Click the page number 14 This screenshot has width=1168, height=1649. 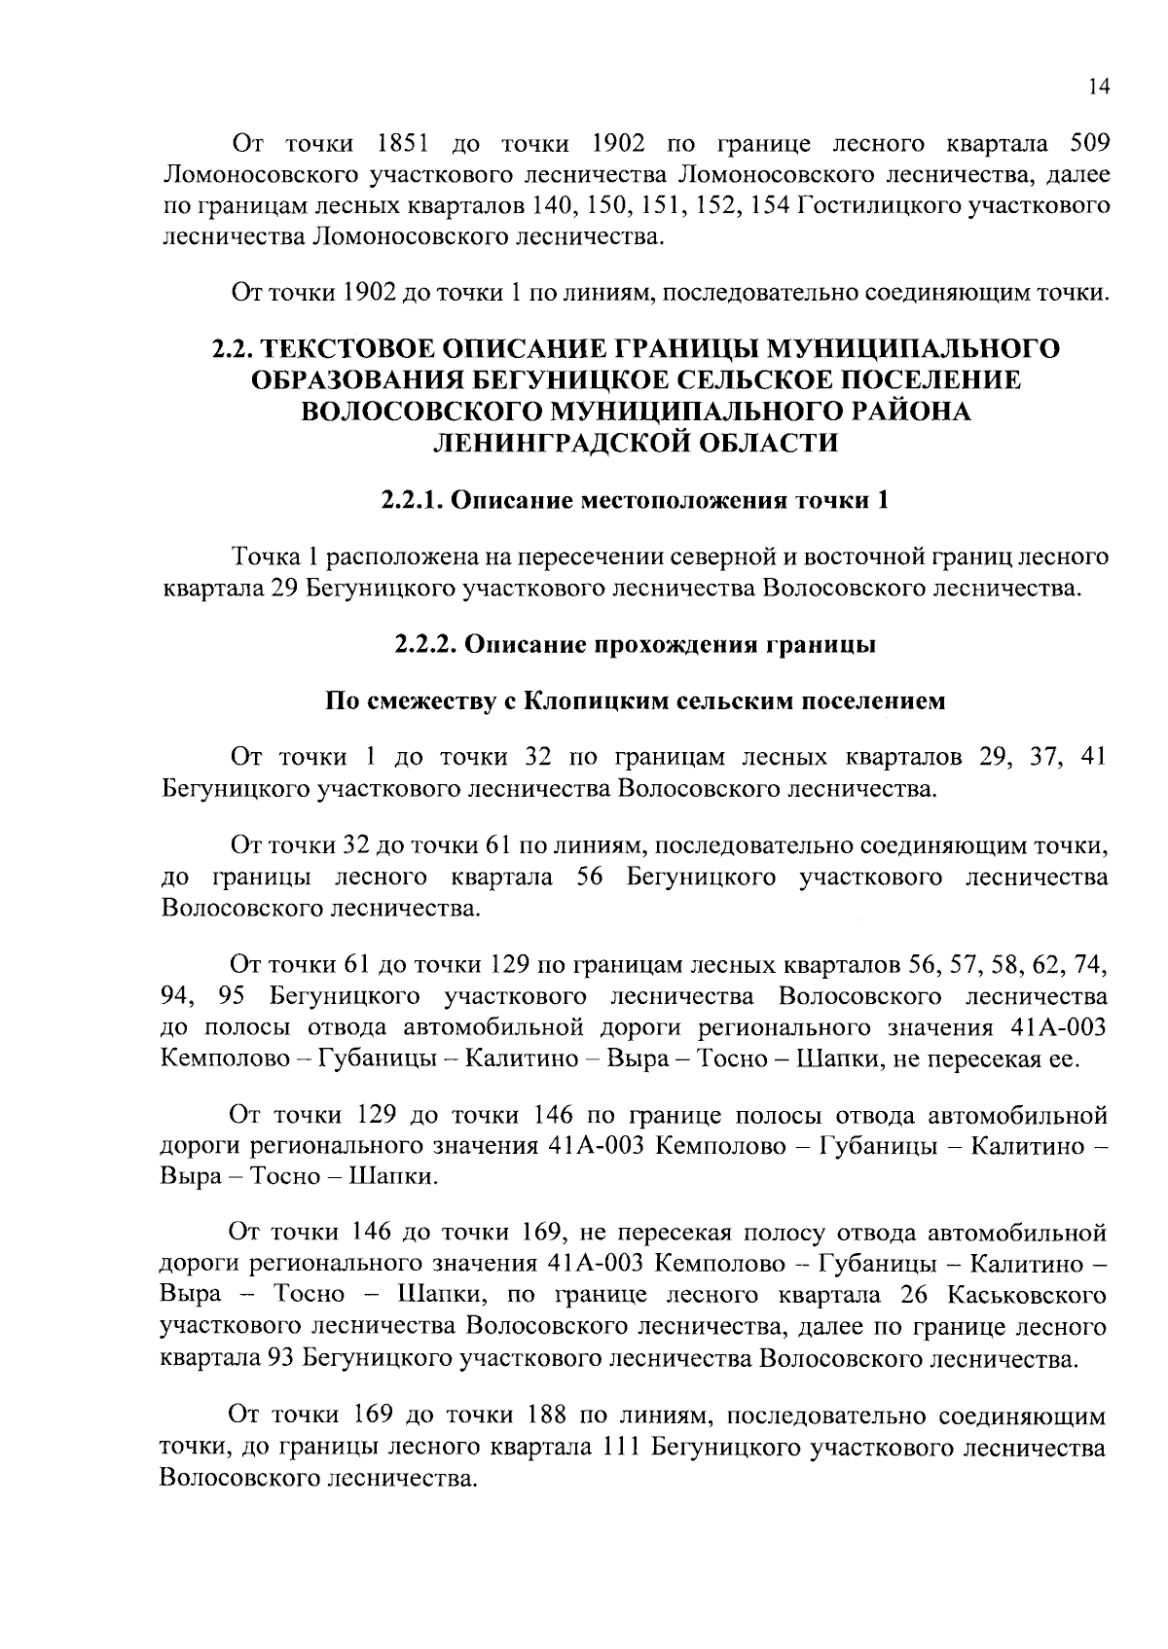point(1099,88)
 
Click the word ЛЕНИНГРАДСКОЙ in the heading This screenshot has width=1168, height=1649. point(552,443)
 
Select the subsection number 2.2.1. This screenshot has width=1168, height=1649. point(413,501)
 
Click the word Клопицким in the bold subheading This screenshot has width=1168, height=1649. point(587,701)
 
